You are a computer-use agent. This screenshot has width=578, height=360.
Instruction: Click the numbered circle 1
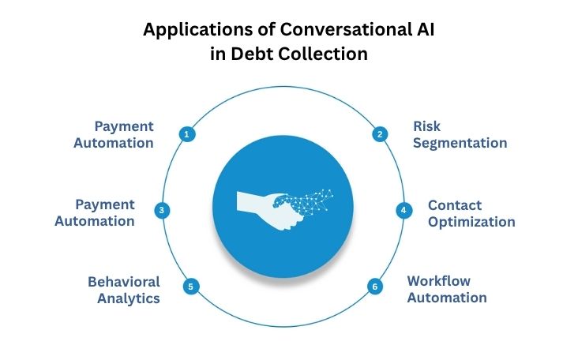[186, 134]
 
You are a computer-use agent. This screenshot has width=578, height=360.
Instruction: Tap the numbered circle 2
[380, 134]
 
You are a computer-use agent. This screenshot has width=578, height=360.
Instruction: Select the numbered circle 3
[161, 211]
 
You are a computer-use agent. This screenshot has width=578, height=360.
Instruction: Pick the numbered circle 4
[403, 211]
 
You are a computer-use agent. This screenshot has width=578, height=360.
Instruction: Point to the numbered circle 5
[190, 287]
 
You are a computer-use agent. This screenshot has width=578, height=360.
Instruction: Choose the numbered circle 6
[375, 287]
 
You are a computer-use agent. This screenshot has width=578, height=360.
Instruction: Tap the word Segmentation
[460, 144]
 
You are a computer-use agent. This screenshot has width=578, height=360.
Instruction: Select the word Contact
[455, 204]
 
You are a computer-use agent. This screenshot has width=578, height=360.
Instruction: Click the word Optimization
[471, 222]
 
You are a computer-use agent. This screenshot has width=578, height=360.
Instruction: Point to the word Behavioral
[124, 281]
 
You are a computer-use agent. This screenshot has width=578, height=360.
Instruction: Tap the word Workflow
[439, 281]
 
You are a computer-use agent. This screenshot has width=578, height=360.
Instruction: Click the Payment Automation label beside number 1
[124, 135]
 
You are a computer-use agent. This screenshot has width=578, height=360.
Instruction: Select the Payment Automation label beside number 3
[95, 212]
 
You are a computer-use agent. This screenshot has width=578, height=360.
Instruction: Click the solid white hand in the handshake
[257, 201]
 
